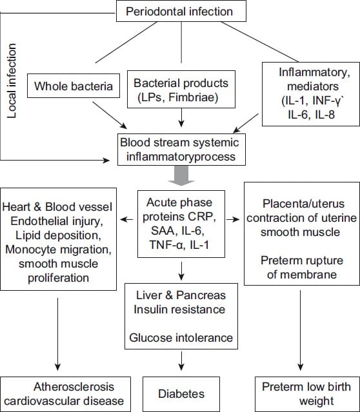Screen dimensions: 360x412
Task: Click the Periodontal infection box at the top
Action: tap(181, 11)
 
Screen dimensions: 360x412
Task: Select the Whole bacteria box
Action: tap(74, 86)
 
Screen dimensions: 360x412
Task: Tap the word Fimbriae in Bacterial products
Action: tap(194, 98)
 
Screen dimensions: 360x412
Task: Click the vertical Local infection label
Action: tap(12, 81)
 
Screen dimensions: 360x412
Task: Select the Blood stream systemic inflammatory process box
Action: tap(181, 150)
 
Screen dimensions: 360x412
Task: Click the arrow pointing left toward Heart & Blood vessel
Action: tap(126, 219)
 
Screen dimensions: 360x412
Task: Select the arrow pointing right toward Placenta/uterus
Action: tap(234, 219)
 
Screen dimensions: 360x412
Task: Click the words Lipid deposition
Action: tap(58, 235)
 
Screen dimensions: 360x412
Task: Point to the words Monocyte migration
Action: tap(58, 250)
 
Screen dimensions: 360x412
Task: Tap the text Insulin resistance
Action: tap(179, 309)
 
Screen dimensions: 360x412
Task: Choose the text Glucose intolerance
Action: tap(181, 338)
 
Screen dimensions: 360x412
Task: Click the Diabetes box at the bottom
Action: tap(181, 394)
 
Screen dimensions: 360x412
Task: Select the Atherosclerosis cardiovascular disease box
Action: tap(65, 394)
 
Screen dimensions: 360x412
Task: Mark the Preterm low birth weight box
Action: tap(307, 394)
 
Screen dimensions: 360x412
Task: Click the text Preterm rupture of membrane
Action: tap(302, 268)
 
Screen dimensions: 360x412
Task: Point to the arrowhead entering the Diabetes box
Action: tap(181, 367)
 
